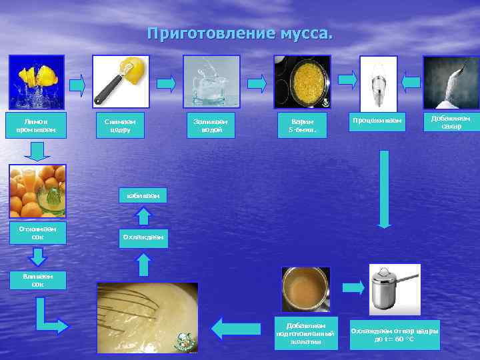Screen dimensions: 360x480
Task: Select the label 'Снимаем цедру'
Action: coord(120,125)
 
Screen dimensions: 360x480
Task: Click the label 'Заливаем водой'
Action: coord(211,125)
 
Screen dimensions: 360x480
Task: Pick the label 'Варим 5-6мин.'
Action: coord(302,125)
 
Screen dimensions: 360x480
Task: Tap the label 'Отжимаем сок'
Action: coord(37,233)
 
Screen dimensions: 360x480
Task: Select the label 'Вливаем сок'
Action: coord(37,280)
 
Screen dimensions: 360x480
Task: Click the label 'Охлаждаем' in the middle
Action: coord(143,237)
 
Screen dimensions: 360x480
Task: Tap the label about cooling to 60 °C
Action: coord(395,335)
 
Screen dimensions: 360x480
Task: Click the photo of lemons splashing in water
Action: coord(37,82)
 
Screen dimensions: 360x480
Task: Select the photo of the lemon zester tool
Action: coord(121,81)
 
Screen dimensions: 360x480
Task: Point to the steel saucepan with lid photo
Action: coord(395,289)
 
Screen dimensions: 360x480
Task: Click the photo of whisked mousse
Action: coord(147,317)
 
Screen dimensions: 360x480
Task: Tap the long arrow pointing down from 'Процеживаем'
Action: coord(384,189)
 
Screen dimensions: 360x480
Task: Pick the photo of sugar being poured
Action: coord(451,82)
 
